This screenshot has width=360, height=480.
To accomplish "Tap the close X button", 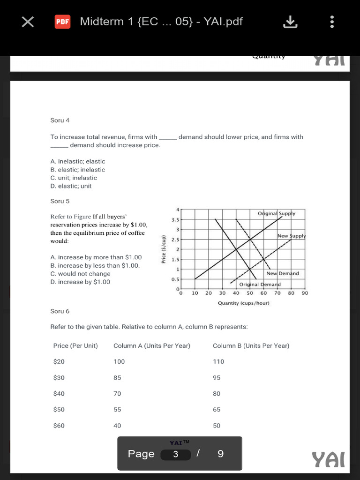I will click(28, 22).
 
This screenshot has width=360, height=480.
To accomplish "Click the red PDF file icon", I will click(62, 22).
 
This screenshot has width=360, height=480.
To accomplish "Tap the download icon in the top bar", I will click(291, 22).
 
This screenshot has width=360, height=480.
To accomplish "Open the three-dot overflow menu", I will click(332, 22).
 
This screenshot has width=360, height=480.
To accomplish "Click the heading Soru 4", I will click(60, 120).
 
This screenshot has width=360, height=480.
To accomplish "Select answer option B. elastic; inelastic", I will click(78, 170).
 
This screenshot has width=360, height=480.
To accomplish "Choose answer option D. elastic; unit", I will click(71, 186).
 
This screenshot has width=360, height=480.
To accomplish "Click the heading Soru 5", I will click(60, 201).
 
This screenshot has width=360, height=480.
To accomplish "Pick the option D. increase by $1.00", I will click(80, 282).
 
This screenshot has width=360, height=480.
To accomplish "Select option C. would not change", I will click(80, 274).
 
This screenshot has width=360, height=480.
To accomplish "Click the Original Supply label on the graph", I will click(277, 214).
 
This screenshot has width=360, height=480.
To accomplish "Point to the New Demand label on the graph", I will click(283, 273).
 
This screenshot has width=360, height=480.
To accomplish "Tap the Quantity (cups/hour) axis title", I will click(243, 303).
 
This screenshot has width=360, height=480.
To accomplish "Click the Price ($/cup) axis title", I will click(164, 249).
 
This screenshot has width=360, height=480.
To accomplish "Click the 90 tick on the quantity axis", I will click(305, 293).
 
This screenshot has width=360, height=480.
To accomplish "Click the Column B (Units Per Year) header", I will click(251, 346).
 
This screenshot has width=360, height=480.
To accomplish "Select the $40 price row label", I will click(59, 394).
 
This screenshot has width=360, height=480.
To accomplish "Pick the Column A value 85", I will click(117, 378).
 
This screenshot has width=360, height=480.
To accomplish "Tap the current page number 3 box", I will click(175, 454).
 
